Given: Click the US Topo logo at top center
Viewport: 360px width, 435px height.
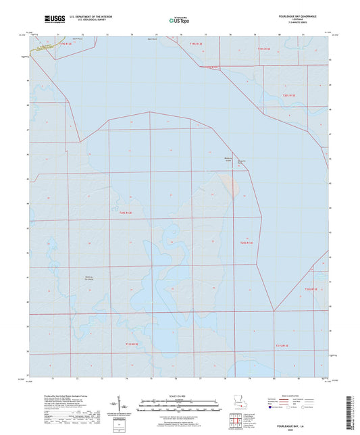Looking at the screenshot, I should pos(179,20).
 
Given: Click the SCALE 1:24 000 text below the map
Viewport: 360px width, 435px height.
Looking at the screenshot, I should pos(179,396).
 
